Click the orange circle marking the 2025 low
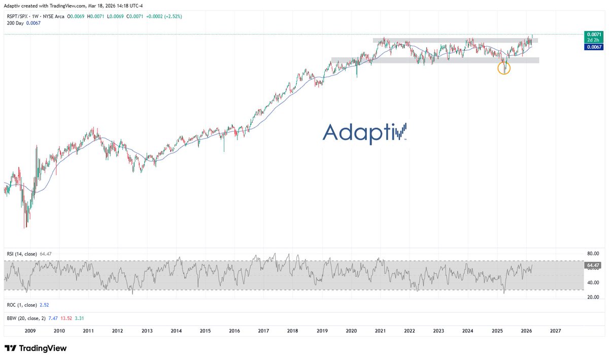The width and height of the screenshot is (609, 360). click(503, 69)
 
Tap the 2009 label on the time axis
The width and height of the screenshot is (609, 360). click(30, 330)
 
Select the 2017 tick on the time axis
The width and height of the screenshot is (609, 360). click(263, 330)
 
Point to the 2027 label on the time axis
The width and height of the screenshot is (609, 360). click(555, 330)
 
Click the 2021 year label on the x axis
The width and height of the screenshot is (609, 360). click(380, 330)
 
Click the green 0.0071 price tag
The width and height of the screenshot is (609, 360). click(594, 35)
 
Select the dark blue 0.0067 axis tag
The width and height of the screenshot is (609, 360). click(594, 46)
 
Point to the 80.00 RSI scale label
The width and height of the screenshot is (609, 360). click(593, 253)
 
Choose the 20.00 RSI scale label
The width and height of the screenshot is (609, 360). click(593, 297)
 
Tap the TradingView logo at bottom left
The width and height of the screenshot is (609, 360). click(36, 348)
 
